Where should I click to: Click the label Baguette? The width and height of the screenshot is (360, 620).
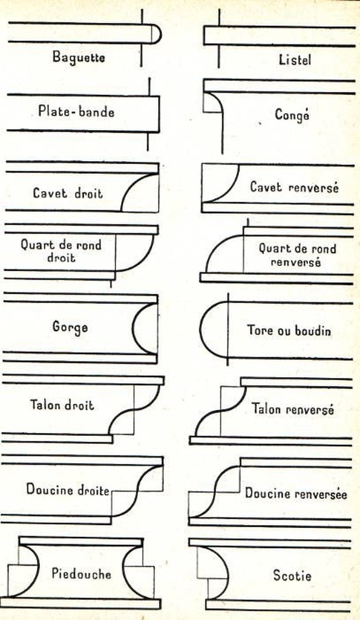[79, 57]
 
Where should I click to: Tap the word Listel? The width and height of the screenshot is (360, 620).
[295, 60]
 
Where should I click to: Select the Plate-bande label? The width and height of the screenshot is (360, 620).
[76, 111]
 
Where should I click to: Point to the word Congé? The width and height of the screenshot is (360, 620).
[292, 115]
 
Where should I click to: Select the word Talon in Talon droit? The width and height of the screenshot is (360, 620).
[44, 405]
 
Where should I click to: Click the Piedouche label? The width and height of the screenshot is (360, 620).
[82, 573]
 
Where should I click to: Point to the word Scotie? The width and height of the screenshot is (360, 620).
[292, 575]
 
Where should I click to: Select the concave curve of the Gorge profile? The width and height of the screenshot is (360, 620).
[133, 329]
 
